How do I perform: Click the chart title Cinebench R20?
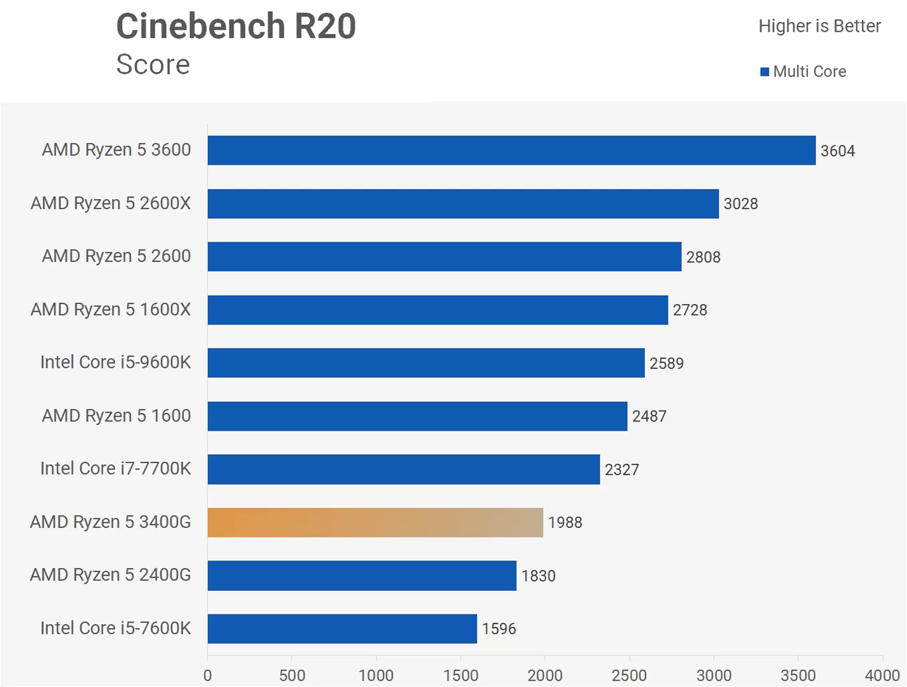pyautogui.click(x=236, y=27)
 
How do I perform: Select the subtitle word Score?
pyautogui.click(x=153, y=64)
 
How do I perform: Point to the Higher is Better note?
pyautogui.click(x=819, y=26)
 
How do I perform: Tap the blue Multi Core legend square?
pyautogui.click(x=765, y=72)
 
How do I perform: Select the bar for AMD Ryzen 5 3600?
pyautogui.click(x=511, y=150)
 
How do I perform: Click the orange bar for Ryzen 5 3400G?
pyautogui.click(x=375, y=522)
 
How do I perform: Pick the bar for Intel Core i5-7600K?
pyautogui.click(x=342, y=628)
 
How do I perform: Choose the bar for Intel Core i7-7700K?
pyautogui.click(x=403, y=469)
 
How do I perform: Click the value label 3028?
pyautogui.click(x=740, y=204)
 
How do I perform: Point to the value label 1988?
pyautogui.click(x=565, y=523)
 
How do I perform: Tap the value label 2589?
pyautogui.click(x=666, y=364)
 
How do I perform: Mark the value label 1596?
pyautogui.click(x=499, y=629)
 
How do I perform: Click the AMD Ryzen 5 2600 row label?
pyautogui.click(x=116, y=256)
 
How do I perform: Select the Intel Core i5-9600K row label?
pyautogui.click(x=115, y=363)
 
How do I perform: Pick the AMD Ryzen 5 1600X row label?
pyautogui.click(x=111, y=310)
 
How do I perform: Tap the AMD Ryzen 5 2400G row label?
pyautogui.click(x=110, y=575)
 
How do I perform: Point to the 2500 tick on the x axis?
pyautogui.click(x=629, y=676)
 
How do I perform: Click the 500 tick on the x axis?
pyautogui.click(x=292, y=676)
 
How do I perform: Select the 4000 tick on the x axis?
pyautogui.click(x=882, y=676)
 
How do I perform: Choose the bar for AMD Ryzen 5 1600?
pyautogui.click(x=417, y=416)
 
